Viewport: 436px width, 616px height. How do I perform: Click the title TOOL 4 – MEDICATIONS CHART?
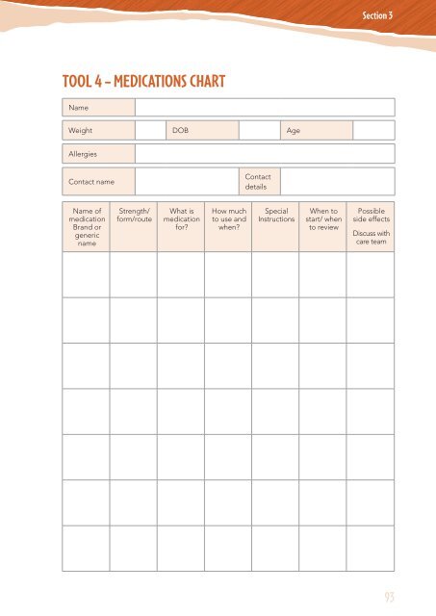pyautogui.click(x=144, y=82)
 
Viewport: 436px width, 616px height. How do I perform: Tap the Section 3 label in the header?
pyautogui.click(x=383, y=16)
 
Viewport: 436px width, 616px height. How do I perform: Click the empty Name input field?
pyautogui.click(x=264, y=107)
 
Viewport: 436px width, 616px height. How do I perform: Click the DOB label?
pyautogui.click(x=180, y=130)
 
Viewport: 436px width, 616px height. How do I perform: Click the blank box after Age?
pyautogui.click(x=373, y=130)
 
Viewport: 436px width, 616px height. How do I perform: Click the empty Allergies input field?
pyautogui.click(x=264, y=154)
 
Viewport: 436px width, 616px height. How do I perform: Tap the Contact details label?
pyautogui.click(x=258, y=182)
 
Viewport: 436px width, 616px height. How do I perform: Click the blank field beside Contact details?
pyautogui.click(x=337, y=182)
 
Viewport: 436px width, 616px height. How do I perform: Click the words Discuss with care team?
pyautogui.click(x=371, y=238)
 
